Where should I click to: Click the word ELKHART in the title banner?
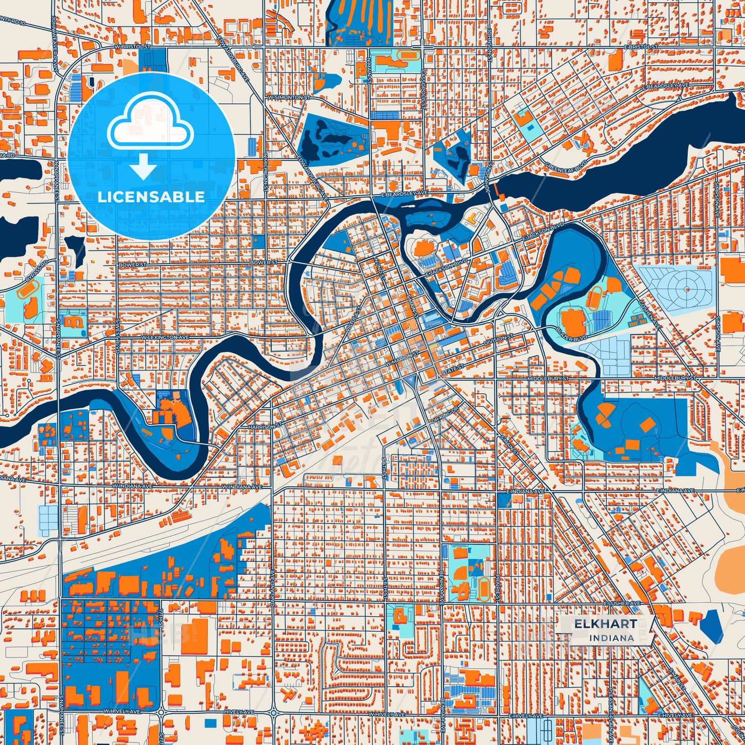tap(605, 624)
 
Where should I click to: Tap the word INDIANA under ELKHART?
tap(611, 638)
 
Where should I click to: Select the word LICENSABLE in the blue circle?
tap(151, 197)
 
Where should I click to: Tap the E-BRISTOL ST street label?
tap(641, 47)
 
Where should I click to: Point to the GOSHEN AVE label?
tap(649, 314)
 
